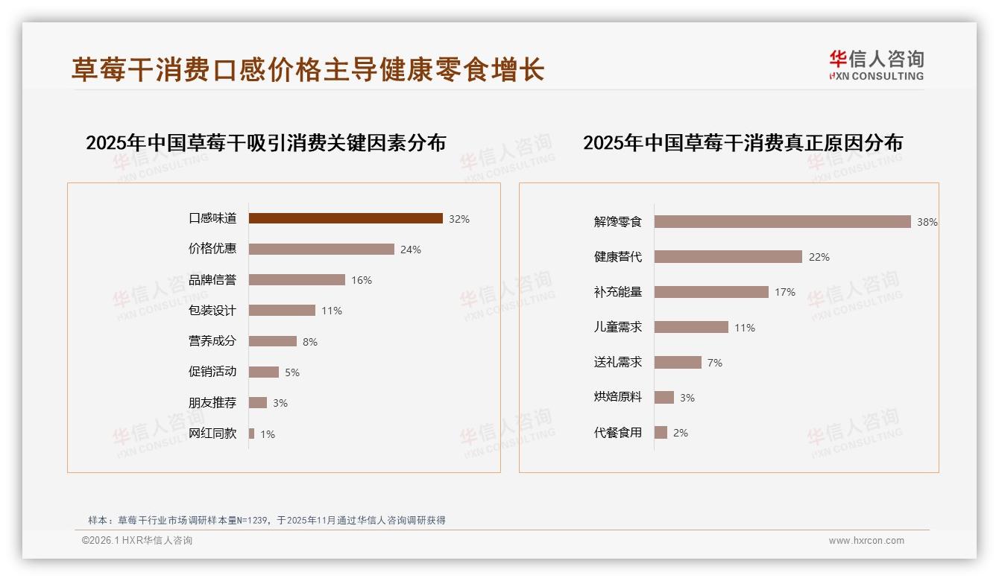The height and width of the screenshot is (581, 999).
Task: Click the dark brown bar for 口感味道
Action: (x=345, y=218)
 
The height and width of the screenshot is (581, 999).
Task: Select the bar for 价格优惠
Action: (x=321, y=250)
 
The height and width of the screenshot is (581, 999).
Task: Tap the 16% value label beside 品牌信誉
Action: (x=362, y=280)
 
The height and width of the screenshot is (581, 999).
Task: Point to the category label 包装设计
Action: (x=212, y=311)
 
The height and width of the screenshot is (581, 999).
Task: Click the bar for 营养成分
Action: (x=272, y=341)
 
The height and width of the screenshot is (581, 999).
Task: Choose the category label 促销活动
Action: (x=212, y=372)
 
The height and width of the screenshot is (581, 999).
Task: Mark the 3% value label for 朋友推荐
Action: (x=280, y=403)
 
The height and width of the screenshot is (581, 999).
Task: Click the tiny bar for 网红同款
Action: (x=252, y=434)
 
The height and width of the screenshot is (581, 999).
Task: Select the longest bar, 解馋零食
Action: (x=782, y=221)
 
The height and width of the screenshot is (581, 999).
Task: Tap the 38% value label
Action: (x=927, y=222)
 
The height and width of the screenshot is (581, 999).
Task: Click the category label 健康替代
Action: (x=617, y=257)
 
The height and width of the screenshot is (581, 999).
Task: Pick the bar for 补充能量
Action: (x=711, y=292)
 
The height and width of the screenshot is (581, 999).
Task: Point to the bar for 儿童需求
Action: (x=691, y=327)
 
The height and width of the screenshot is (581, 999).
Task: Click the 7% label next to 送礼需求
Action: (x=714, y=363)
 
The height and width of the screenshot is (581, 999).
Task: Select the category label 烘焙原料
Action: (x=617, y=397)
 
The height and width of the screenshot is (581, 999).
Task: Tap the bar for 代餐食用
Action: (x=661, y=432)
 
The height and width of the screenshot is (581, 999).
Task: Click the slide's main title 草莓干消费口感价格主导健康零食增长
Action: (x=308, y=69)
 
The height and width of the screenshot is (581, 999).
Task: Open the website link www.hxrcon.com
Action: (x=866, y=541)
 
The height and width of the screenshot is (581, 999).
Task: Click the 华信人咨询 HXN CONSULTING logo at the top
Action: (x=876, y=66)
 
